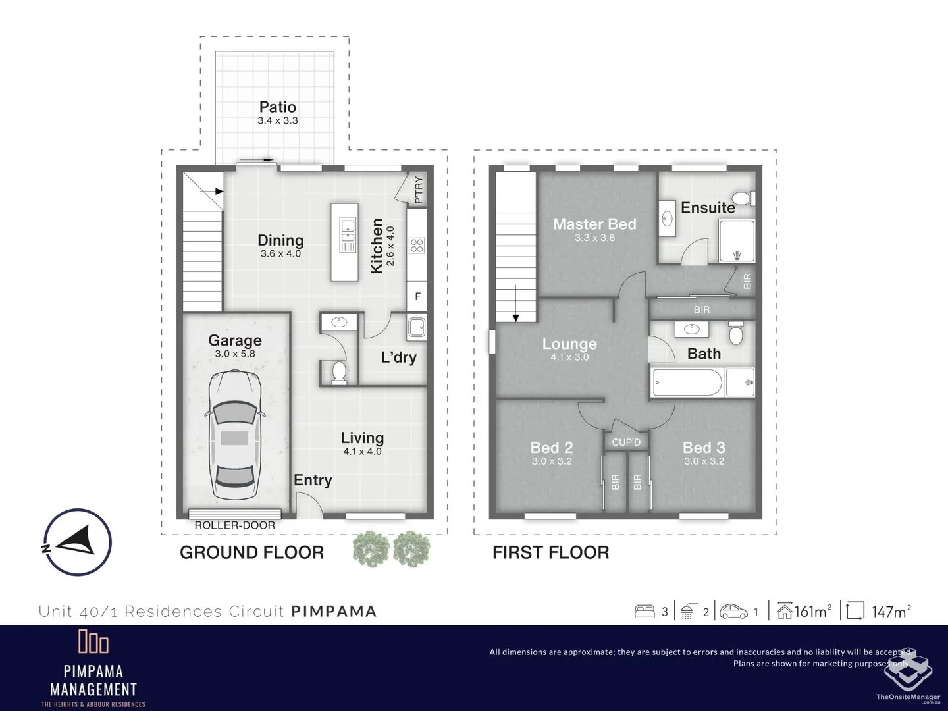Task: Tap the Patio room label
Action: [277, 107]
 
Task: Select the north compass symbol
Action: [77, 542]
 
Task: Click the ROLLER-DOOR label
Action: [234, 525]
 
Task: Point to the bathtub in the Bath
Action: [687, 382]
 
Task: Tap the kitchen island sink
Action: [346, 236]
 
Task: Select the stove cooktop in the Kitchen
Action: [416, 246]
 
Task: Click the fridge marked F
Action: [417, 297]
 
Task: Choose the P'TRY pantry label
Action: [419, 190]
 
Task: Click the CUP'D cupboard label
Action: [625, 442]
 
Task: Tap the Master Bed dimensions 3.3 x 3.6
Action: [594, 238]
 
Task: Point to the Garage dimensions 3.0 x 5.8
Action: [235, 354]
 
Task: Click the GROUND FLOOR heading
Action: [251, 552]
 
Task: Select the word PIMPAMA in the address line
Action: [334, 611]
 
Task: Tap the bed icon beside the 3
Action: [645, 612]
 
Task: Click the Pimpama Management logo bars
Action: [93, 641]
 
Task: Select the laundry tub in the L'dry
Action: [416, 327]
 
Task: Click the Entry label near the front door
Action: [313, 480]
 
